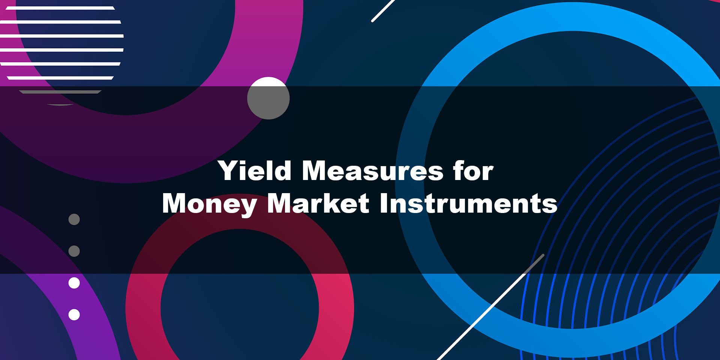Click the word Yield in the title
pos(255,171)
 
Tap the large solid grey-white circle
pos(268,98)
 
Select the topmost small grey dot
pos(74,219)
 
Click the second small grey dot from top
pos(74,251)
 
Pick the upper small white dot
pos(74,283)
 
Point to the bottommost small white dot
pos(74,315)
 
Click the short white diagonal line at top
pos(383,10)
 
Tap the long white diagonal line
pos(490,307)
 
